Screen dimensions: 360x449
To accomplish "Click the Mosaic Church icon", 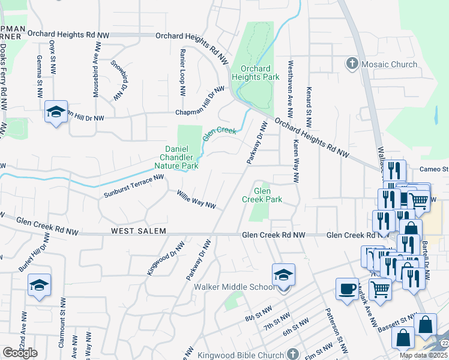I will [x=352, y=64].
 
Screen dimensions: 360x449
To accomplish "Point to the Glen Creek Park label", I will [x=262, y=194].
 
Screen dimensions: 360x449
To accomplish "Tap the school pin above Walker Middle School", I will [x=283, y=275].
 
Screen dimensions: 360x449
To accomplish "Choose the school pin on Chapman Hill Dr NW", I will [x=56, y=112].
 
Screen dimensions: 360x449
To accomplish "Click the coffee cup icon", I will [x=347, y=289].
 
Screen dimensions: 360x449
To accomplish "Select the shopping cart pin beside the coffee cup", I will [x=380, y=289].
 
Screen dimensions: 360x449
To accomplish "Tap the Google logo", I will [x=20, y=353].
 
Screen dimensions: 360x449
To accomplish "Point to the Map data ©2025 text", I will [x=423, y=355].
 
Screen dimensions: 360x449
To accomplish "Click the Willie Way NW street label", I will [x=196, y=200].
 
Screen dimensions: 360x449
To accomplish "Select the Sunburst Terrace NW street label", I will [x=134, y=186].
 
